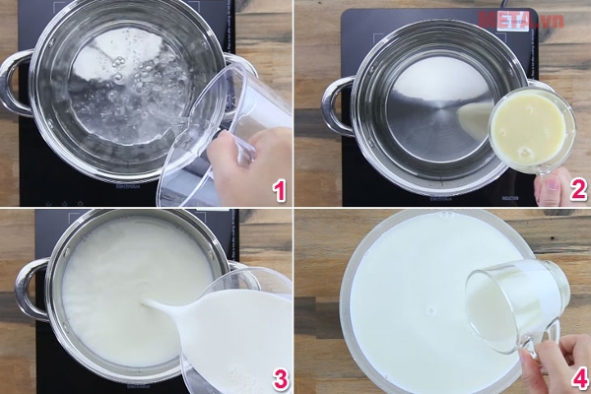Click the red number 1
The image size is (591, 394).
tap(280, 188)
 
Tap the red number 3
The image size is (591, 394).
tap(280, 377)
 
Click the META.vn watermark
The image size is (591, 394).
tap(521, 18)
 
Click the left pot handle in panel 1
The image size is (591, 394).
tap(14, 84)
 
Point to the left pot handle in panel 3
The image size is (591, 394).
tap(30, 289)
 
